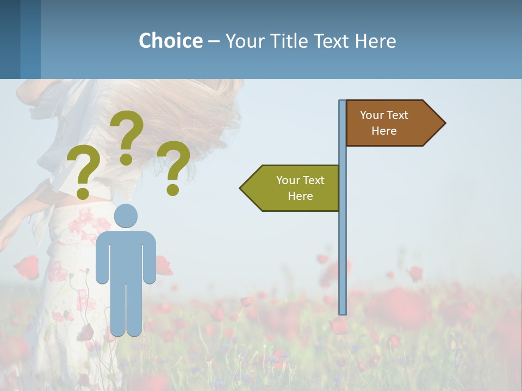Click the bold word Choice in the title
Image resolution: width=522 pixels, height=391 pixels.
170,41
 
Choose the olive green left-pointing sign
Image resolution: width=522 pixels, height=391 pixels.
294,188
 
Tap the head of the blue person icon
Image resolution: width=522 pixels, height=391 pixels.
126,216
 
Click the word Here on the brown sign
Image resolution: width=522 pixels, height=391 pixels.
384,131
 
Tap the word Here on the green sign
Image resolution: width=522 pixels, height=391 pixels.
300,196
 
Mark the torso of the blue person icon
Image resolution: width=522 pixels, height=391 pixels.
126,255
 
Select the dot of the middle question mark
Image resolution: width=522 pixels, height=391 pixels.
126,159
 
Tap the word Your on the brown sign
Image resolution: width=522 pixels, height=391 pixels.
371,115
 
